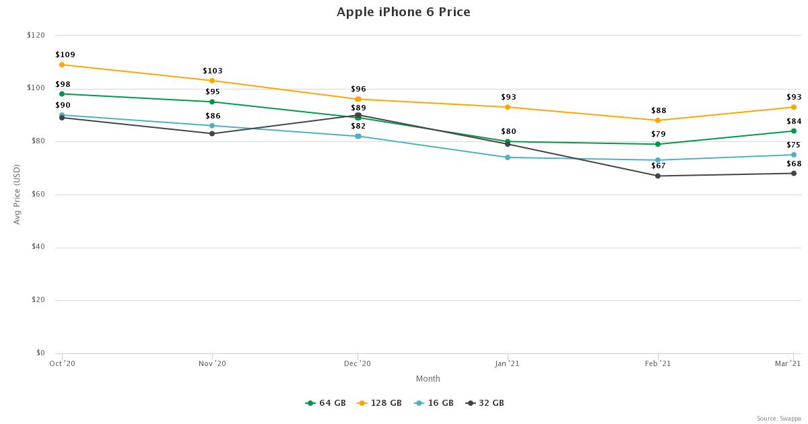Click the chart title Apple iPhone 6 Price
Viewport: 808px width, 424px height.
403,12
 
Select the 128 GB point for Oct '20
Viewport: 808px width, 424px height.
62,65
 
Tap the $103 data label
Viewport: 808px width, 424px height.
213,71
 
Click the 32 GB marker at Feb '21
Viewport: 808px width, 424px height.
658,176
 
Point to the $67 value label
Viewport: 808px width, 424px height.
658,166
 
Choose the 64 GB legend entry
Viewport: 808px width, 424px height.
326,403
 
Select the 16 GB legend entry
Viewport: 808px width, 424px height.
434,403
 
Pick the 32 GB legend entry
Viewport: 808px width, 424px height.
485,403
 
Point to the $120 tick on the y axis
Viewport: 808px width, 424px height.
36,35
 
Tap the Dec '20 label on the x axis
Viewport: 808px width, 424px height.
358,363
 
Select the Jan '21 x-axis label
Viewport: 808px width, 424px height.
507,363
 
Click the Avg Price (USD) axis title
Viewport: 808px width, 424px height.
18,194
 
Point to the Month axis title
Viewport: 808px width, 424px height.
428,379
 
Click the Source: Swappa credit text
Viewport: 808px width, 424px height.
778,419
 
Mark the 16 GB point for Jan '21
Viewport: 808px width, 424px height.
508,157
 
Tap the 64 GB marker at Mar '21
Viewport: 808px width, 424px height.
794,131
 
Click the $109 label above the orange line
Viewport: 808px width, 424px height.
65,55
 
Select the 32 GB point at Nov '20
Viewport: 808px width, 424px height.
212,133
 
